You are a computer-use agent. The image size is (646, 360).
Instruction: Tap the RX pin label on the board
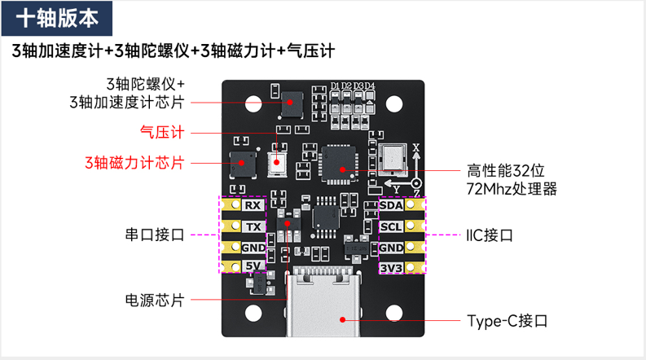coord(253,205)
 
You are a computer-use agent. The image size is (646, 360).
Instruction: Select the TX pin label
coord(253,226)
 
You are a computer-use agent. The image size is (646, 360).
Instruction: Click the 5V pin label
coord(253,266)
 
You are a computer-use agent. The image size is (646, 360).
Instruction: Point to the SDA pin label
coord(392,205)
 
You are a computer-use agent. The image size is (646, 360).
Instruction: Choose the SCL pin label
coord(392,226)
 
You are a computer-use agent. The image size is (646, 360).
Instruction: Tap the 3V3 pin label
coord(392,267)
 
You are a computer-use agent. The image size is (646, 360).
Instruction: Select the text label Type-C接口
coord(507,320)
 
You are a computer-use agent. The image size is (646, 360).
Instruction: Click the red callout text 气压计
coord(162,130)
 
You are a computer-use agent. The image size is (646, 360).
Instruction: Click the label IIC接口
coord(489,235)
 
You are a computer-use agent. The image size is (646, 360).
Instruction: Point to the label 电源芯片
coord(155,299)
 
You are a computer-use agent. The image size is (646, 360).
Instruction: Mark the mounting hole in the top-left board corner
coord(239,103)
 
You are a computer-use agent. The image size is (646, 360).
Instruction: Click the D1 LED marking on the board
coord(335,86)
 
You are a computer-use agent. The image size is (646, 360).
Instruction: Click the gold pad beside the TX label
coord(229,226)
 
